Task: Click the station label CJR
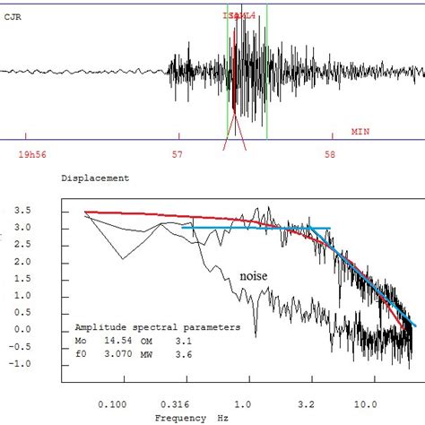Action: (x=13, y=16)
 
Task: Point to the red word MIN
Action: (x=360, y=131)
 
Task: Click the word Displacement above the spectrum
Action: (x=94, y=178)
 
